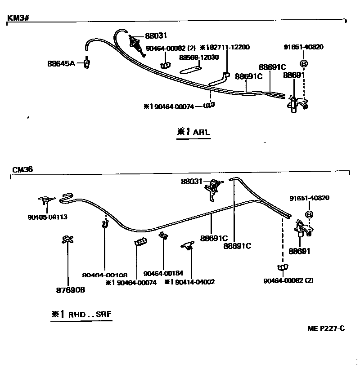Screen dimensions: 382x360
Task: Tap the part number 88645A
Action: [x=61, y=64]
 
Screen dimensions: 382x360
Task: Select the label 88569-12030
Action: [x=199, y=58]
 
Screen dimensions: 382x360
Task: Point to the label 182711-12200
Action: [x=227, y=47]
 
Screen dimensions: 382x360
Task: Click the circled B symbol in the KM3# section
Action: [x=304, y=64]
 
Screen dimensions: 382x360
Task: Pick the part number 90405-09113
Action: [x=47, y=217]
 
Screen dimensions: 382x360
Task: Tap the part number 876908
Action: [x=68, y=290]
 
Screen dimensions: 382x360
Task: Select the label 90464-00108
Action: [x=105, y=275]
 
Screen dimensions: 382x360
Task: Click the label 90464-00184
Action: [x=163, y=273]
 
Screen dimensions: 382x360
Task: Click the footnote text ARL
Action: [x=201, y=133]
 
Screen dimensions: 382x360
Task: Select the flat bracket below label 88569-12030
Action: [x=191, y=70]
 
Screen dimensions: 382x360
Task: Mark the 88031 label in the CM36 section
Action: [x=193, y=182]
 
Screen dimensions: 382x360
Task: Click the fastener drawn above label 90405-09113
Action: [x=46, y=200]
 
